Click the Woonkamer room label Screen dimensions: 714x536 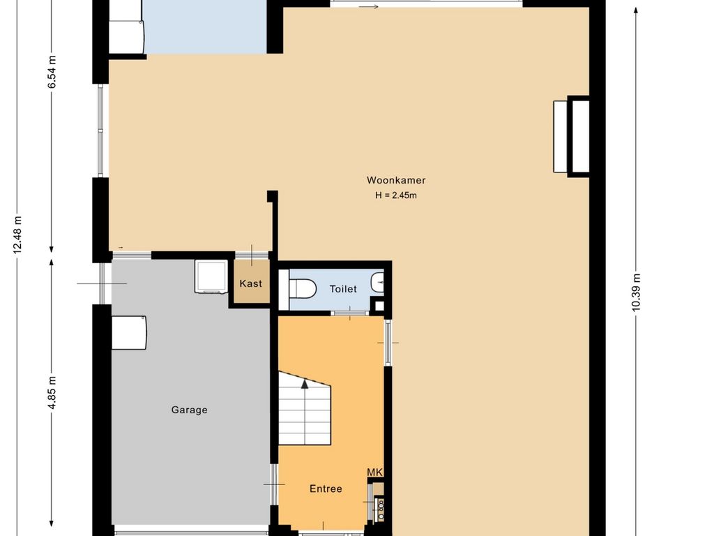(396, 180)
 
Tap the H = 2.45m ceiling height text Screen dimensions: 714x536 (396, 195)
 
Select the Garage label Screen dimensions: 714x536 (190, 410)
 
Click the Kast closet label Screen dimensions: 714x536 (251, 283)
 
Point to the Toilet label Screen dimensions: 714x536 (343, 289)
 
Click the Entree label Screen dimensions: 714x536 (326, 489)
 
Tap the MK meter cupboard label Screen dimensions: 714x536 (374, 472)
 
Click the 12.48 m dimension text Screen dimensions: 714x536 (17, 234)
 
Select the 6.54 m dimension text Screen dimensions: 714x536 (52, 72)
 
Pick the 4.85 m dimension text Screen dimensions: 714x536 (52, 392)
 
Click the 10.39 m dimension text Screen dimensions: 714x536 (636, 292)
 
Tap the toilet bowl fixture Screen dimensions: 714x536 (303, 288)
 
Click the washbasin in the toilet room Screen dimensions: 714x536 (377, 283)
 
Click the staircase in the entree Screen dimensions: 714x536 (305, 408)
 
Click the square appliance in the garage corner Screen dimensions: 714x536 (211, 276)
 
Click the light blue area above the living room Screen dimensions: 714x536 (205, 27)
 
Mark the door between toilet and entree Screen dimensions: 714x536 (350, 313)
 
